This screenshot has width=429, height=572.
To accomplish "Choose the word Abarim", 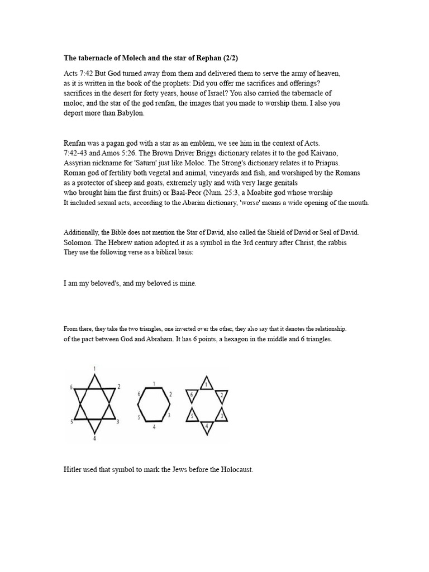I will (223, 203).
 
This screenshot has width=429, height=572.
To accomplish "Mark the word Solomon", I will (77, 242).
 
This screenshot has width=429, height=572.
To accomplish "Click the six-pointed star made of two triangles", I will (95, 403).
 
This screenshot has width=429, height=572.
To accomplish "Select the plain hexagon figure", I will (154, 404).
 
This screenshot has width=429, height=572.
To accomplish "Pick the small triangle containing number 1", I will (207, 383).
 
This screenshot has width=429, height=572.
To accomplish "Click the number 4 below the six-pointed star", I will (94, 438).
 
